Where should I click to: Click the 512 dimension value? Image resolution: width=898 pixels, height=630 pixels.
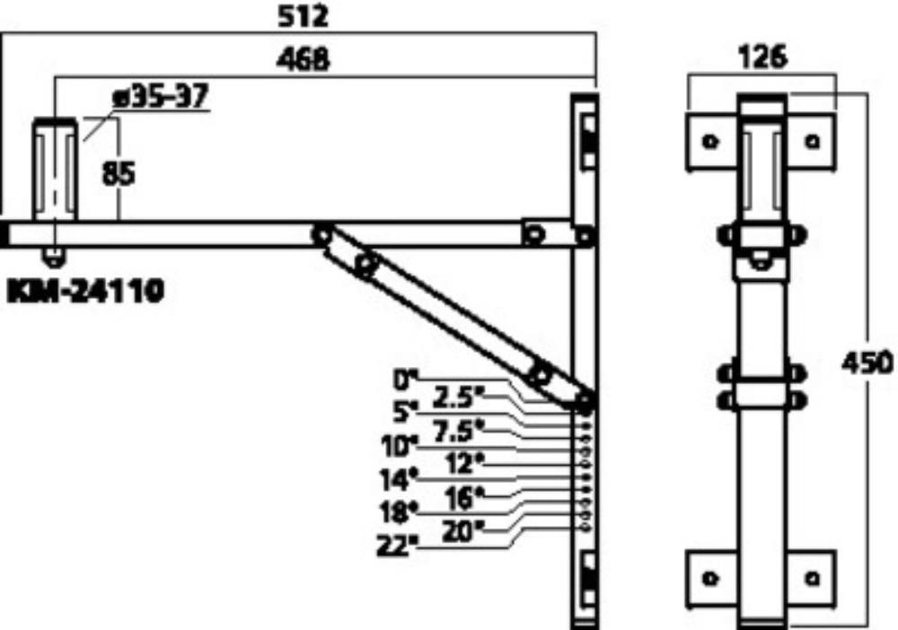pos(303,16)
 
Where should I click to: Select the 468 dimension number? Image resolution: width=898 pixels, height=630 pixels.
pos(303,59)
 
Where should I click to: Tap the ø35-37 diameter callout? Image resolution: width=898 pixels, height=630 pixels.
pos(161,95)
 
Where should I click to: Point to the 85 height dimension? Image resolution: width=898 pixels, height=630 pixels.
pos(119,173)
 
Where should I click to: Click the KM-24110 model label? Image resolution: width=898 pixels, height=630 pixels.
pos(85,292)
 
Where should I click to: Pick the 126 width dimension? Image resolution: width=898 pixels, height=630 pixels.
pos(762,57)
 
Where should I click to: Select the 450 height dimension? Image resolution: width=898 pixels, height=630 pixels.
pos(867,363)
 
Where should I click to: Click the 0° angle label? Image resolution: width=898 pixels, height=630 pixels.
pos(406,381)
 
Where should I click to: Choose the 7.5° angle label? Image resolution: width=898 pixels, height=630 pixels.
pos(459,431)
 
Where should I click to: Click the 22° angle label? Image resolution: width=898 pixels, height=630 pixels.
pos(395,546)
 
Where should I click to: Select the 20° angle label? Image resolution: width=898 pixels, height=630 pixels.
pos(462,532)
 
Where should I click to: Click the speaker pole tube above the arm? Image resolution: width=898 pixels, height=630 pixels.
pos(55,169)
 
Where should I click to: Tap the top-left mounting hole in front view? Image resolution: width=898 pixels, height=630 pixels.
pos(710,140)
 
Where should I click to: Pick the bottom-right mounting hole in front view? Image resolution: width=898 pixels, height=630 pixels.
pos(812,579)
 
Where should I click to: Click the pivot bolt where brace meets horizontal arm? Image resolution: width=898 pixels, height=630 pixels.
pos(321,234)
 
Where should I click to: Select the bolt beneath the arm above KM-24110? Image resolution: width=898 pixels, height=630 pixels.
pos(55,258)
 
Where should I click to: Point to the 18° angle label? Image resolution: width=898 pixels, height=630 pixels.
pos(399,511)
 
